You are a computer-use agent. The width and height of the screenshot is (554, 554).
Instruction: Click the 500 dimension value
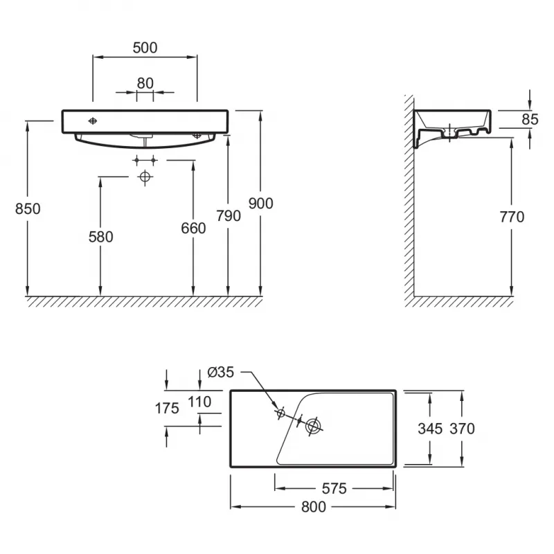(x=145, y=48)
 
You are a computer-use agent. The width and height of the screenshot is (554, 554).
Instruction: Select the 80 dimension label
(x=145, y=83)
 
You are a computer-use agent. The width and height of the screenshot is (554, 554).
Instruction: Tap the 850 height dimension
(x=28, y=209)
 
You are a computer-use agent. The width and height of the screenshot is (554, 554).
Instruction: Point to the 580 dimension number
(x=100, y=237)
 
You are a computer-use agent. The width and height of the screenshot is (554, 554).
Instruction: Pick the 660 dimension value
(x=193, y=229)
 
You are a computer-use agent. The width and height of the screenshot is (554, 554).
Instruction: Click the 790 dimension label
(x=229, y=216)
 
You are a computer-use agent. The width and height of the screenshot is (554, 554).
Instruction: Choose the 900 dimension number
(x=261, y=204)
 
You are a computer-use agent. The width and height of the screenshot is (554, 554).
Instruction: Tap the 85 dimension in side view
(x=530, y=119)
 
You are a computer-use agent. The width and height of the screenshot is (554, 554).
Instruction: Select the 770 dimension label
(x=512, y=217)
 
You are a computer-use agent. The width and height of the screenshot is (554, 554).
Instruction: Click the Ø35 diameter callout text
(x=221, y=372)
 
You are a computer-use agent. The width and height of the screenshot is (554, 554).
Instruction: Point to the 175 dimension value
(x=167, y=409)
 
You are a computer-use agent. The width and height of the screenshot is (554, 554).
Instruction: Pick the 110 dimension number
(x=199, y=402)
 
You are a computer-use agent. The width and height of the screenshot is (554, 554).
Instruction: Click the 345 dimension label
(x=430, y=429)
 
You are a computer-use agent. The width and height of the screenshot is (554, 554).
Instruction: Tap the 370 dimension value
(x=462, y=429)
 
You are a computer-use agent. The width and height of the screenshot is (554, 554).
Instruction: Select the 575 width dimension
(x=334, y=489)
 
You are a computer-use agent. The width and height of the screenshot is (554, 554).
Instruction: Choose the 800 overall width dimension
(x=314, y=507)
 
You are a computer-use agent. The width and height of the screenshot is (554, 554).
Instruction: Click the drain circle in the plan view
(x=314, y=427)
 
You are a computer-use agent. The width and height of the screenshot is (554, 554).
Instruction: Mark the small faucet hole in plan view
(x=281, y=413)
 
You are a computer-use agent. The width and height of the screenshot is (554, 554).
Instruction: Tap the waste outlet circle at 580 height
(x=145, y=177)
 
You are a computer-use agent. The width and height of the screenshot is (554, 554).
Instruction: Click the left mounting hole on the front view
(x=93, y=121)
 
